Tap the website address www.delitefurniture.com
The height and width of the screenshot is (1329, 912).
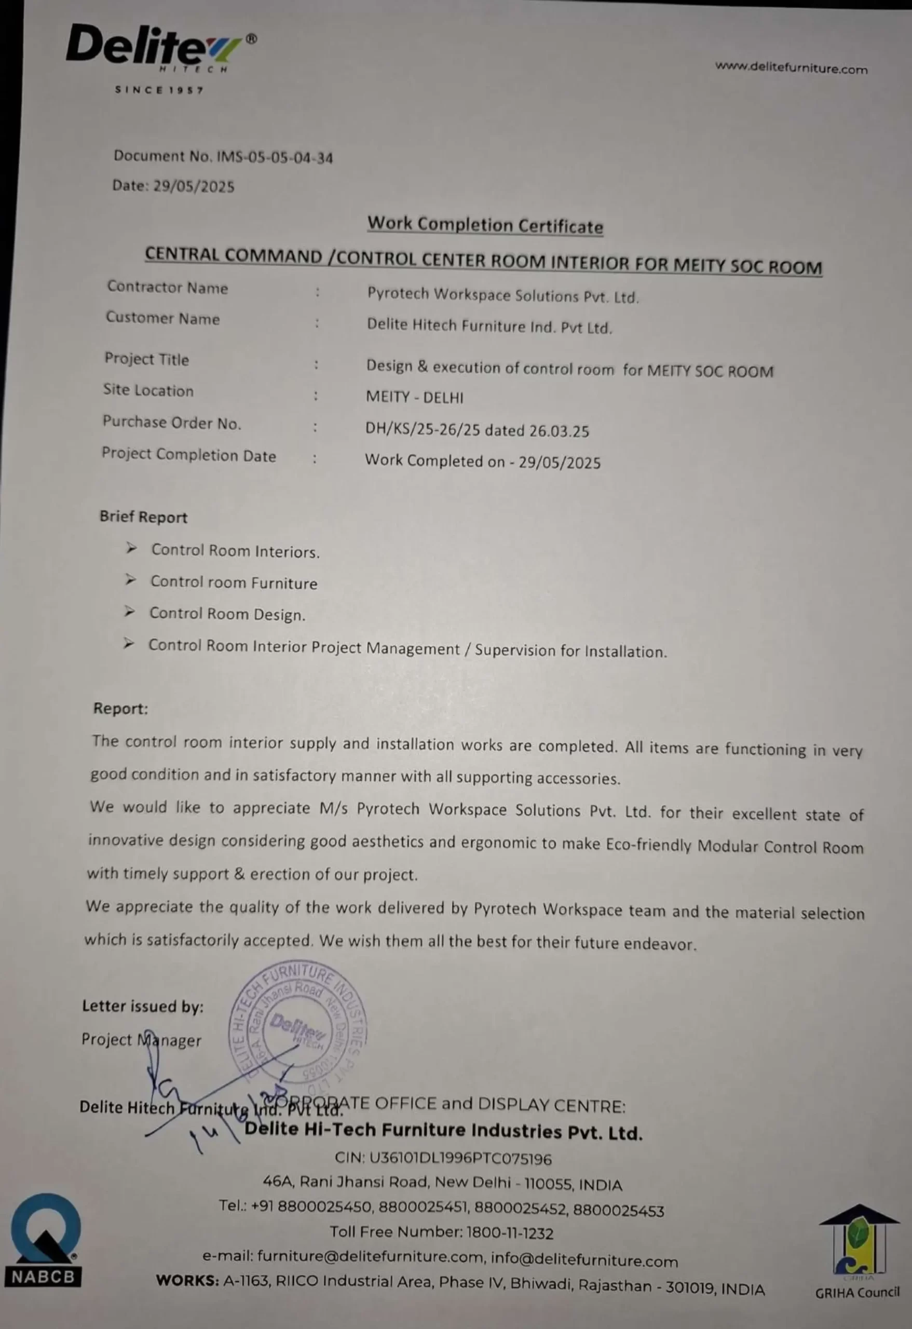(x=791, y=68)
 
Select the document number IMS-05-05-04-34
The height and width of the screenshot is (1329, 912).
(x=275, y=157)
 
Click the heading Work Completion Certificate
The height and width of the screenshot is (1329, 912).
(x=485, y=225)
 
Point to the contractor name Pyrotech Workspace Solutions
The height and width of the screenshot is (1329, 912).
(x=502, y=296)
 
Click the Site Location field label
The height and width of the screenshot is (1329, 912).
(x=148, y=390)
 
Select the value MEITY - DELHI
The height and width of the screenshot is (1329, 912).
(x=415, y=398)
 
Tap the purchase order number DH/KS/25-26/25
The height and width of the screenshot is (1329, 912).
(x=422, y=429)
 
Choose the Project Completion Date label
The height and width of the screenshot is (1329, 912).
(x=189, y=455)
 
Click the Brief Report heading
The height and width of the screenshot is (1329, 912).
(x=143, y=517)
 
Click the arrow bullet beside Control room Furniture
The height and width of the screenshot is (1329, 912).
(x=131, y=580)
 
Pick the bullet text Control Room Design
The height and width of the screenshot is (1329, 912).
(x=227, y=614)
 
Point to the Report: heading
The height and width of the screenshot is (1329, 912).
(x=120, y=709)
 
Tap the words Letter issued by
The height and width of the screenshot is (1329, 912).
(x=142, y=1007)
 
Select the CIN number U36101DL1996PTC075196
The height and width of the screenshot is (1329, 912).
(x=460, y=1159)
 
